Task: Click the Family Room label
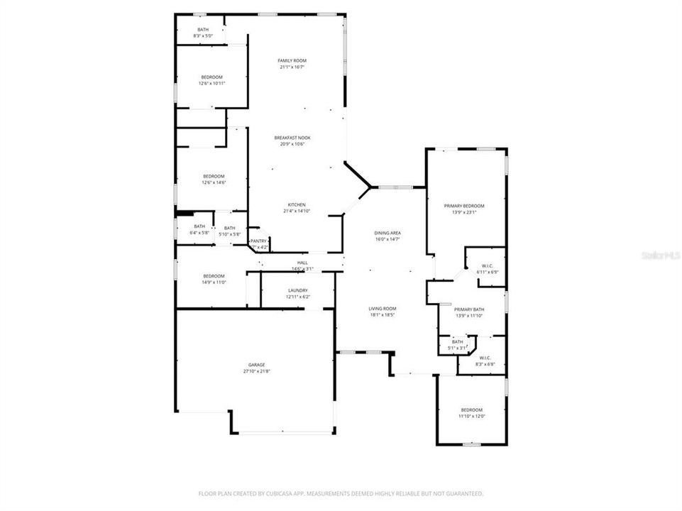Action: tap(292, 61)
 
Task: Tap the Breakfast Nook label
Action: tap(292, 138)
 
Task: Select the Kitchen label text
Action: tap(297, 204)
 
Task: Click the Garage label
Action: tap(256, 365)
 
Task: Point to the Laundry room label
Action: tap(297, 290)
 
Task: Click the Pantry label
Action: tap(258, 241)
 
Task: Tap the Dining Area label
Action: tap(387, 233)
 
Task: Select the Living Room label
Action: tap(382, 308)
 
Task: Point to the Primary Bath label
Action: tap(469, 309)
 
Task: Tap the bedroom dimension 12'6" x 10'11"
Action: tap(211, 83)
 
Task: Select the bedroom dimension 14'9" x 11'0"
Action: tap(214, 282)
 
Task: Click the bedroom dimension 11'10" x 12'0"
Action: tap(471, 416)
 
